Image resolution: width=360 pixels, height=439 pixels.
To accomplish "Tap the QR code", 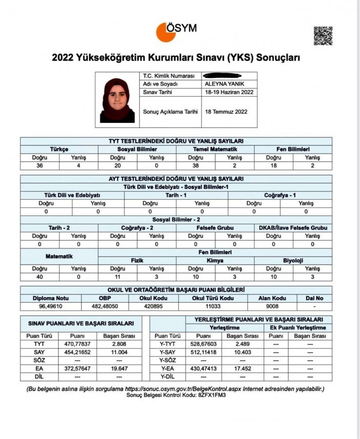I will point(323,36).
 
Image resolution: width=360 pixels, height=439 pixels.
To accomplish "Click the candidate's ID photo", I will point(117,100).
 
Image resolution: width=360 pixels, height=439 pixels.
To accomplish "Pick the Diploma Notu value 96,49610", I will point(51,306).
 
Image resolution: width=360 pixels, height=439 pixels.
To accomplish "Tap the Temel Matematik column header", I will point(215,149).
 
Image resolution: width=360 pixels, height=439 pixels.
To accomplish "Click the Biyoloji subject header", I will point(293,260).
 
